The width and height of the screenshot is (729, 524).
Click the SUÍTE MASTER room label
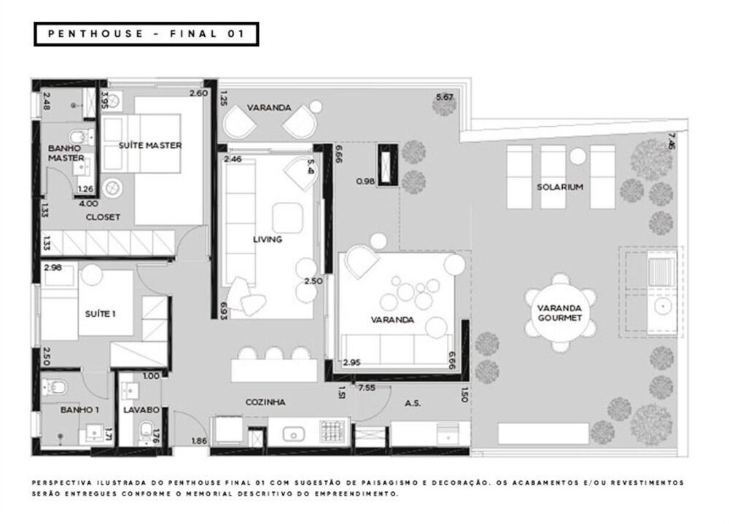[150, 146]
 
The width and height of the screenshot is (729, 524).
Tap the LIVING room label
[268, 239]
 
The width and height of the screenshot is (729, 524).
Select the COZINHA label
[266, 402]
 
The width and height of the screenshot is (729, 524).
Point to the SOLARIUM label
[561, 187]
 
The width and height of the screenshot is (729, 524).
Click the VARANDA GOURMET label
[559, 313]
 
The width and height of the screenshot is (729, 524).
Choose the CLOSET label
[103, 217]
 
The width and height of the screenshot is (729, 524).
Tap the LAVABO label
[141, 410]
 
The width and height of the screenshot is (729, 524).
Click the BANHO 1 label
[79, 410]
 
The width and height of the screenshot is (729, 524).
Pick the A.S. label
[413, 402]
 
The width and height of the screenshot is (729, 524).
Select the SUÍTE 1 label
[101, 313]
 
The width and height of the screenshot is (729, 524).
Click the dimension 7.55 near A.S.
[366, 388]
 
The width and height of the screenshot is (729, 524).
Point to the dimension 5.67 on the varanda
[444, 97]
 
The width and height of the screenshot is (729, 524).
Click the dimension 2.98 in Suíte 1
[54, 267]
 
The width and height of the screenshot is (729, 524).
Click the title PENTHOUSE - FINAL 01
[146, 34]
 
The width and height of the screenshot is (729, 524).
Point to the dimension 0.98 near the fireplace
[365, 181]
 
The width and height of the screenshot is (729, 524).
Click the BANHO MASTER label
[66, 152]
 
